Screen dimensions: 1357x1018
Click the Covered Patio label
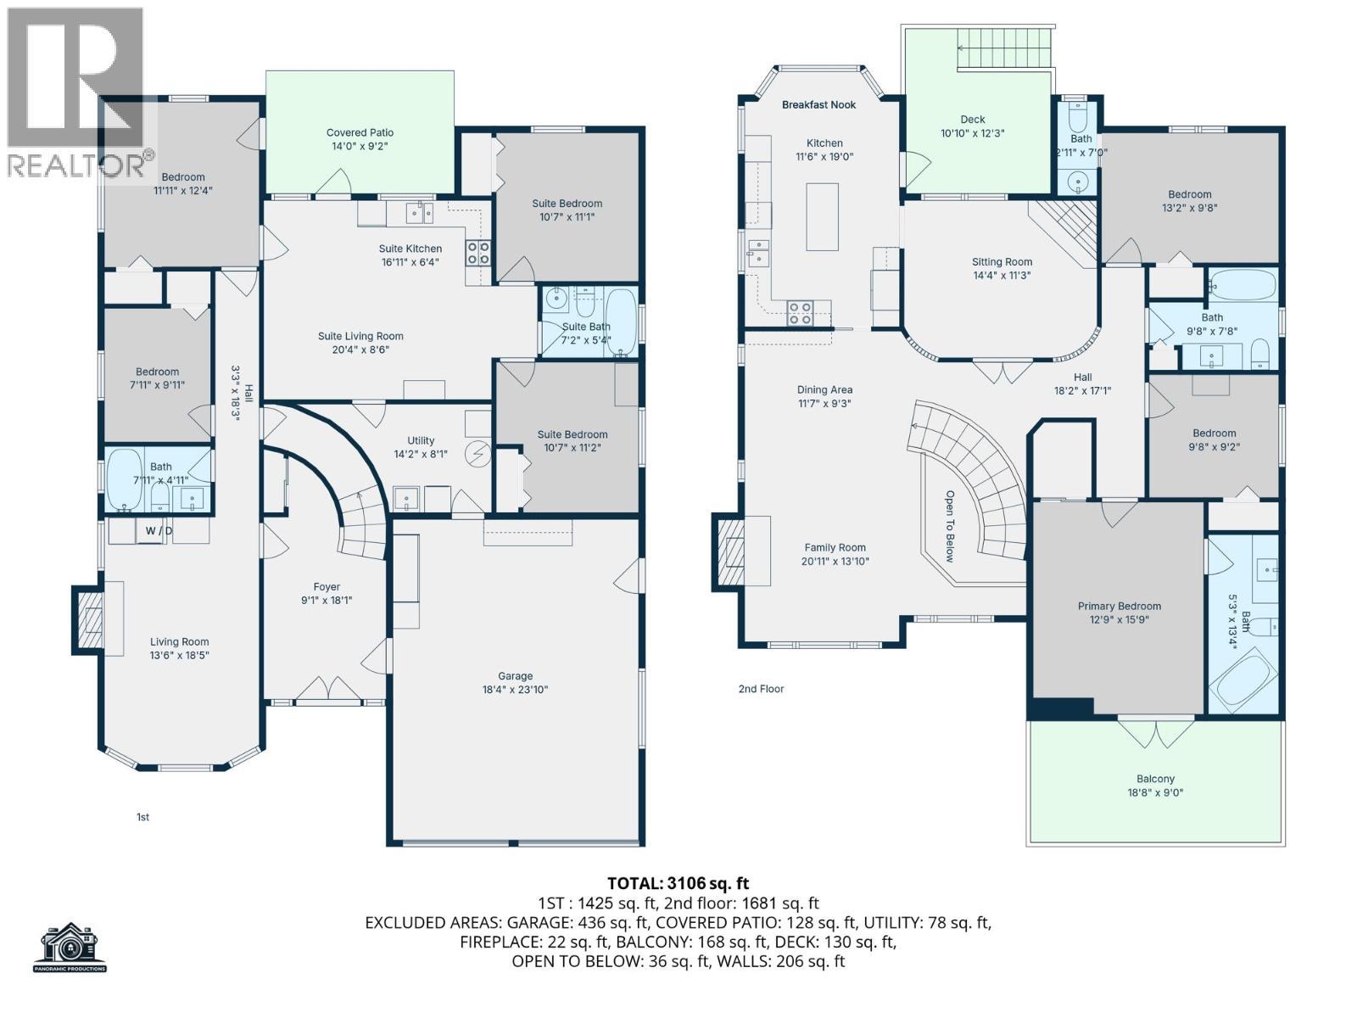pyautogui.click(x=360, y=132)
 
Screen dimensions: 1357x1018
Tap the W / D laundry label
pyautogui.click(x=159, y=531)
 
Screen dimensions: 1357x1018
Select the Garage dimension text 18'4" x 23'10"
pyautogui.click(x=515, y=690)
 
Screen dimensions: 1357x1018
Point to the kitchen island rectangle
pyautogui.click(x=822, y=217)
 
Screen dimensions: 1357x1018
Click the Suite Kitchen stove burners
pyautogui.click(x=477, y=254)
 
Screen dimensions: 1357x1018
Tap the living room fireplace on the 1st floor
pyautogui.click(x=88, y=619)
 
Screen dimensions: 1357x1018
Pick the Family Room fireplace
pyautogui.click(x=728, y=552)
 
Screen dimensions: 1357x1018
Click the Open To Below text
pyautogui.click(x=950, y=527)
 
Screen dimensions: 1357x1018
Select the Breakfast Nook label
pyautogui.click(x=818, y=105)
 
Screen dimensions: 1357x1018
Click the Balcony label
pyautogui.click(x=1155, y=779)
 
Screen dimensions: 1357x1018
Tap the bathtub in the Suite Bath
pyautogui.click(x=621, y=322)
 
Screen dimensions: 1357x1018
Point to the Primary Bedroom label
pyautogui.click(x=1119, y=606)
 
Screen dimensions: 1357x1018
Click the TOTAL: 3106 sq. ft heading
pyautogui.click(x=678, y=883)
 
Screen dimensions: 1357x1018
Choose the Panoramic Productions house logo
pyautogui.click(x=70, y=946)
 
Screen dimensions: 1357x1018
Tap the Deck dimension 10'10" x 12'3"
pyautogui.click(x=973, y=133)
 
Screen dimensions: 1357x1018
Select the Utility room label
pyautogui.click(x=421, y=440)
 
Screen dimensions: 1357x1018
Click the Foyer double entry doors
pyautogui.click(x=328, y=689)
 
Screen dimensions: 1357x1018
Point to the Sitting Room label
pyautogui.click(x=1002, y=262)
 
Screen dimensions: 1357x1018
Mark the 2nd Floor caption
pyautogui.click(x=761, y=689)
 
